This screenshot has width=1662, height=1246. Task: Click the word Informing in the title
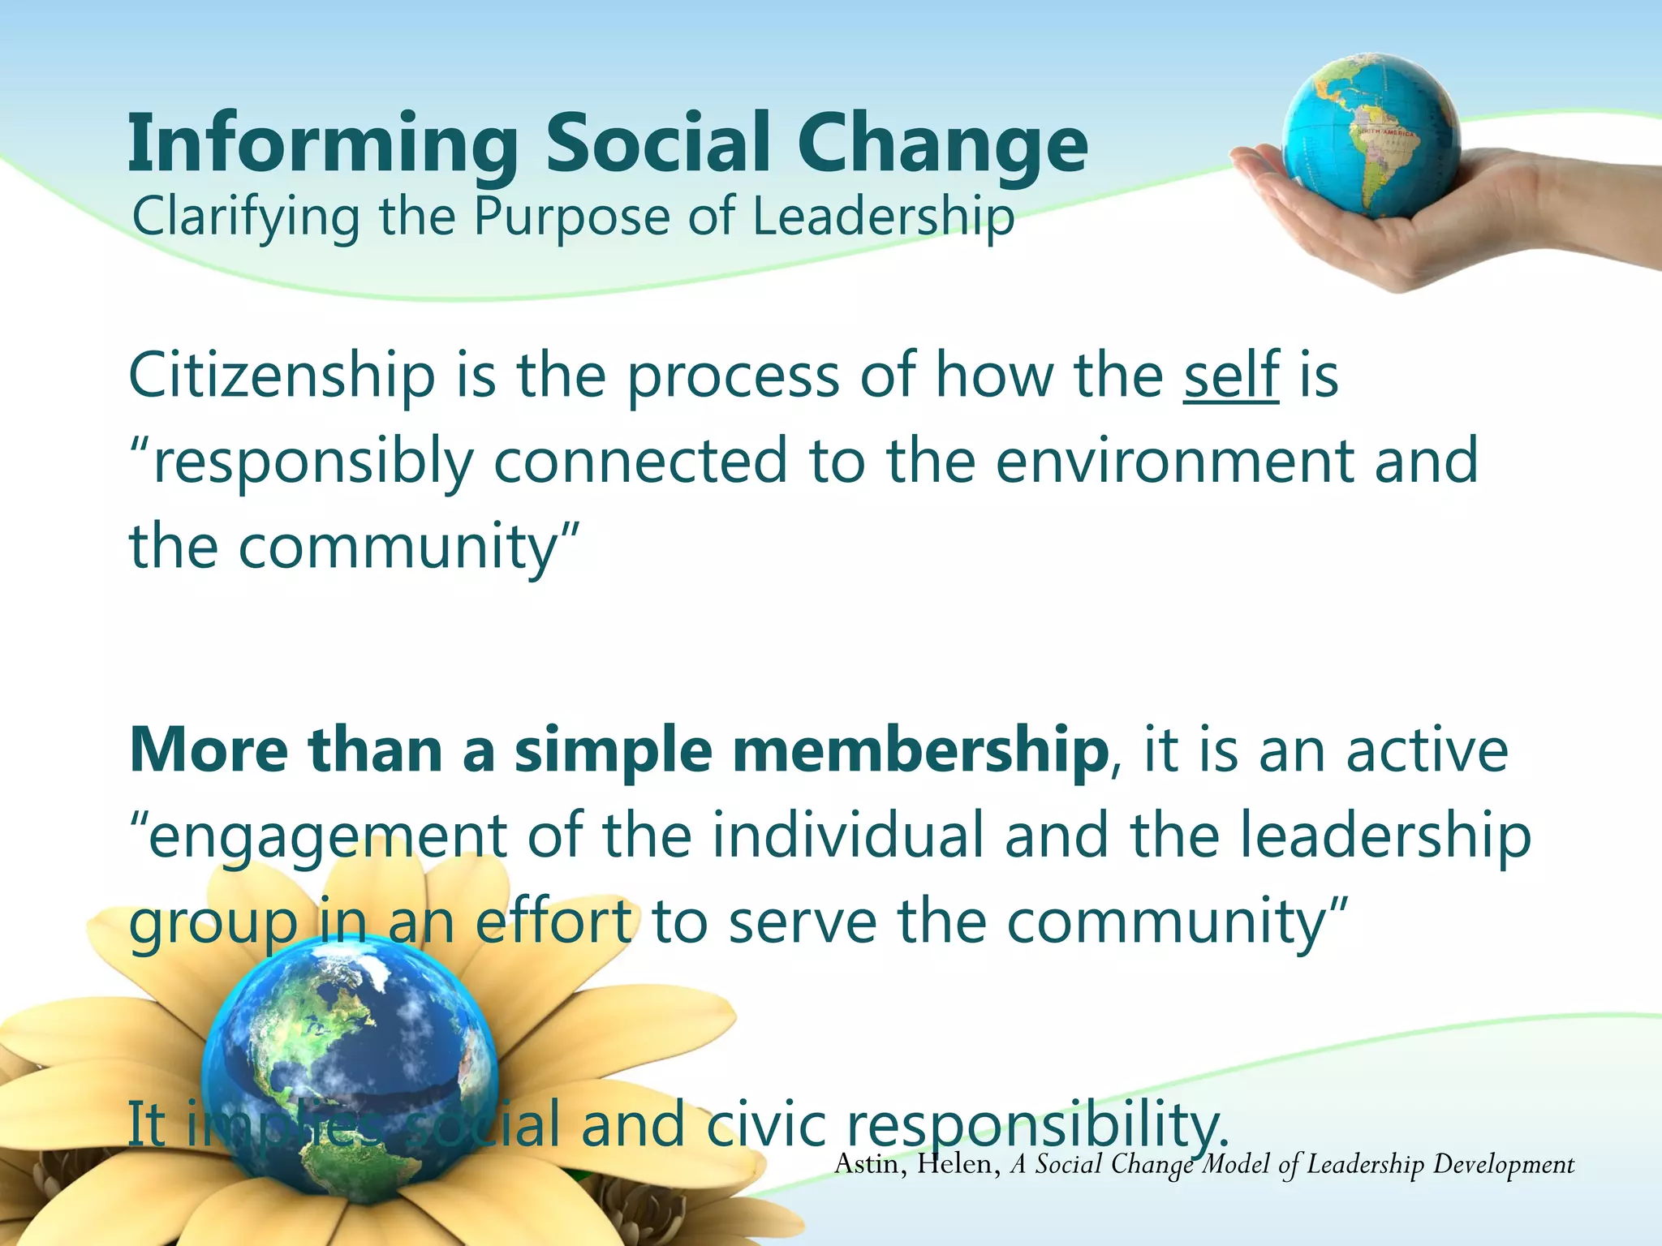click(323, 144)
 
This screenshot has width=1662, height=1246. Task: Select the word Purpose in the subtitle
click(571, 217)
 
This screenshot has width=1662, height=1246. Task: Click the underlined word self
click(1231, 375)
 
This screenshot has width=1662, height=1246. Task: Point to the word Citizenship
click(282, 376)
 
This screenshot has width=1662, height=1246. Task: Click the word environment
click(1174, 461)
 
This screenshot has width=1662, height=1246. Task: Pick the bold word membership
click(919, 750)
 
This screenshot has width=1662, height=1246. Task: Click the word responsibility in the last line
click(1035, 1126)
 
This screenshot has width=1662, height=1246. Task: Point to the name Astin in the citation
click(867, 1165)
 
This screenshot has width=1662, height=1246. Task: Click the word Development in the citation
click(1503, 1165)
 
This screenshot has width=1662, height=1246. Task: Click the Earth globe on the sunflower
click(349, 1079)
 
